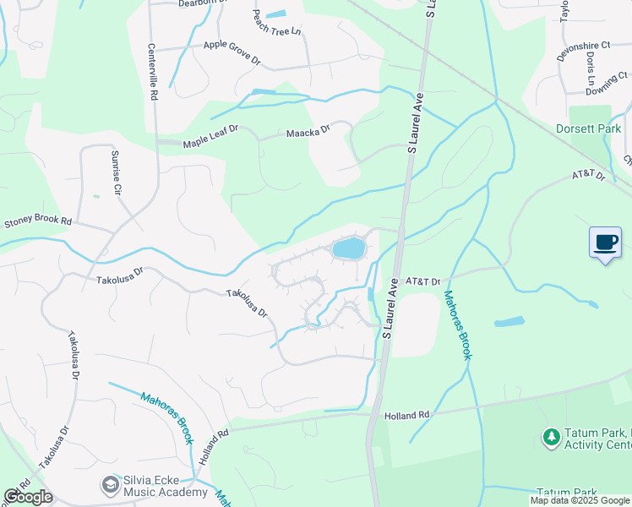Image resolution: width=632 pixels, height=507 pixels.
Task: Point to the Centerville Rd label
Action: coord(153,73)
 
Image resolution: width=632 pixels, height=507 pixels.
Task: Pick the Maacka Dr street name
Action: coord(307,131)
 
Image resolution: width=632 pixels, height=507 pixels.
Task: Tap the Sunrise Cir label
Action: coord(117,172)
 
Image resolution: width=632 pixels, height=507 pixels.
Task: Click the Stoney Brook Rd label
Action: coord(39,224)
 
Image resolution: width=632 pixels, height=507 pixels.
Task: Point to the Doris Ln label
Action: coord(589,67)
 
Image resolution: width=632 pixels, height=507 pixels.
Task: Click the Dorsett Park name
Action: coord(588,128)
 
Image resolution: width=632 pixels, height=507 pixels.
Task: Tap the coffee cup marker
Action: coord(605,243)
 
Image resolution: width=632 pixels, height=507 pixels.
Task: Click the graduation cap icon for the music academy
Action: coord(109,485)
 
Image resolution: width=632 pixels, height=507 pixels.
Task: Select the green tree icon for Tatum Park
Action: coord(551,437)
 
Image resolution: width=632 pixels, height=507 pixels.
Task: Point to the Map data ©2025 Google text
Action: coord(580,500)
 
